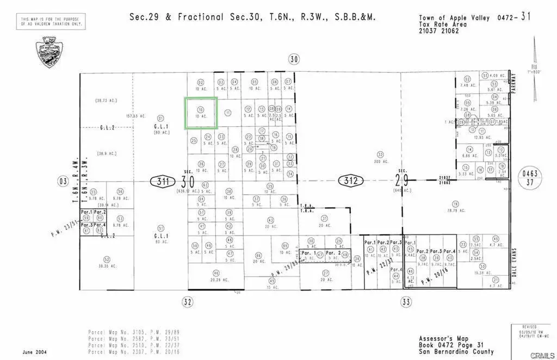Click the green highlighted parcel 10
[201, 113]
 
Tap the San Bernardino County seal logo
[48, 52]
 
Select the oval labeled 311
[162, 181]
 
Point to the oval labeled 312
[351, 181]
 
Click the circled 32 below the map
[188, 301]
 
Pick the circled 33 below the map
[405, 301]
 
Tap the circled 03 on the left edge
[63, 181]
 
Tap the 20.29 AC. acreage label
[216, 279]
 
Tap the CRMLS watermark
[542, 355]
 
